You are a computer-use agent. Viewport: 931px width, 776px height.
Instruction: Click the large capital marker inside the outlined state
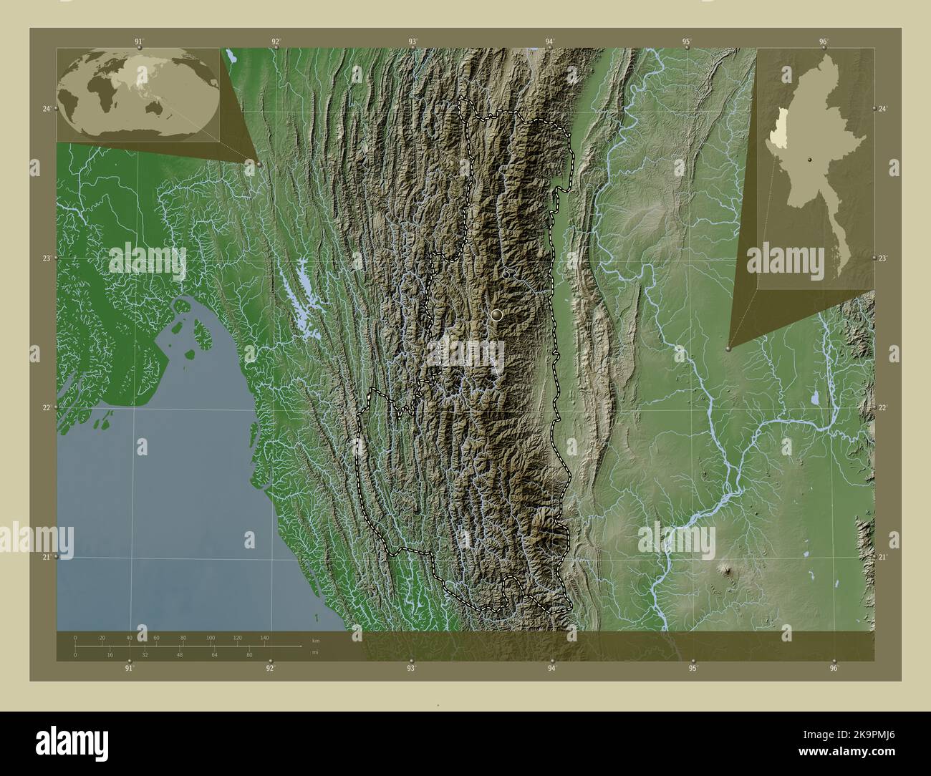pyautogui.click(x=496, y=314)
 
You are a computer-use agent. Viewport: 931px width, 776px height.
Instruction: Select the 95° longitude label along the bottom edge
pyautogui.click(x=693, y=668)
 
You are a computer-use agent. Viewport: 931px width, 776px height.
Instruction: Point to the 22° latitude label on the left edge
pyautogui.click(x=47, y=407)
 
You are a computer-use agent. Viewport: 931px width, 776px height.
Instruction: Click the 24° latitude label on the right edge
pyautogui.click(x=883, y=108)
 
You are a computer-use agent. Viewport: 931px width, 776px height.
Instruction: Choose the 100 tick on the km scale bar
pyautogui.click(x=211, y=637)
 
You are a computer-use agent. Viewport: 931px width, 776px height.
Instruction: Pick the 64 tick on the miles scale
pyautogui.click(x=213, y=654)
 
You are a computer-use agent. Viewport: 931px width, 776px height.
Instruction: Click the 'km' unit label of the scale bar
pyautogui.click(x=316, y=639)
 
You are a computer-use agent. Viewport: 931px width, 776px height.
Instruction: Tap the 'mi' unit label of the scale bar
pyautogui.click(x=315, y=652)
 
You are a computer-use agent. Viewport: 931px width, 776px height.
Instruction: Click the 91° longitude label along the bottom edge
pyautogui.click(x=129, y=668)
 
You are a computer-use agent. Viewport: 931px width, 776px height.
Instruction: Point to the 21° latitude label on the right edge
pyautogui.click(x=883, y=557)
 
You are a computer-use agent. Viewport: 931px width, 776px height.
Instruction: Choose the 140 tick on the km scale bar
pyautogui.click(x=265, y=637)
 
